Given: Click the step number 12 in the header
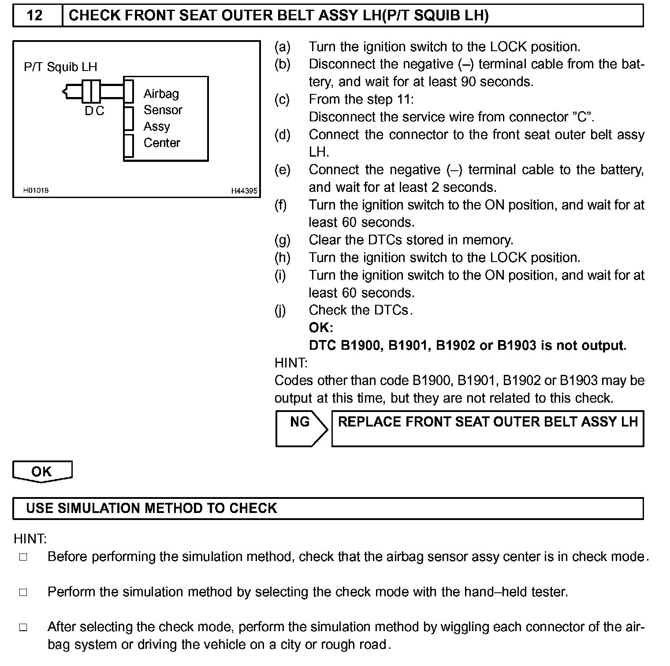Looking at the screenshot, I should (35, 16).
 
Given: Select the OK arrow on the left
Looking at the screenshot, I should (42, 471).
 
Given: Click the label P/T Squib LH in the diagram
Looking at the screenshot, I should (60, 67).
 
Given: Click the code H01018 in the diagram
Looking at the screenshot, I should (36, 191).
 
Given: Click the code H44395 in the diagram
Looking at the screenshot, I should (244, 191).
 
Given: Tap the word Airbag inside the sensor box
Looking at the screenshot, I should (161, 94).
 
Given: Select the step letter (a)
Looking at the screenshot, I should (283, 47).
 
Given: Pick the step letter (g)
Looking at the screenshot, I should (283, 240).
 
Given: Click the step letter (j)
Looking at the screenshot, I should (280, 311).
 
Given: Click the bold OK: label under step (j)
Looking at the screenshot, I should (321, 328).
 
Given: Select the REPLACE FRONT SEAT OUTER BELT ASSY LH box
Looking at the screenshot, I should (488, 428).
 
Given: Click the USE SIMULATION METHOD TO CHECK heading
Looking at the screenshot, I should (152, 508).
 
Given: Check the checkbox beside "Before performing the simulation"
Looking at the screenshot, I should (23, 557).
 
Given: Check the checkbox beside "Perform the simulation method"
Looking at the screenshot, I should (23, 592).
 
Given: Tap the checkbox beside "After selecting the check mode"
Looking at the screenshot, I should (23, 628).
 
